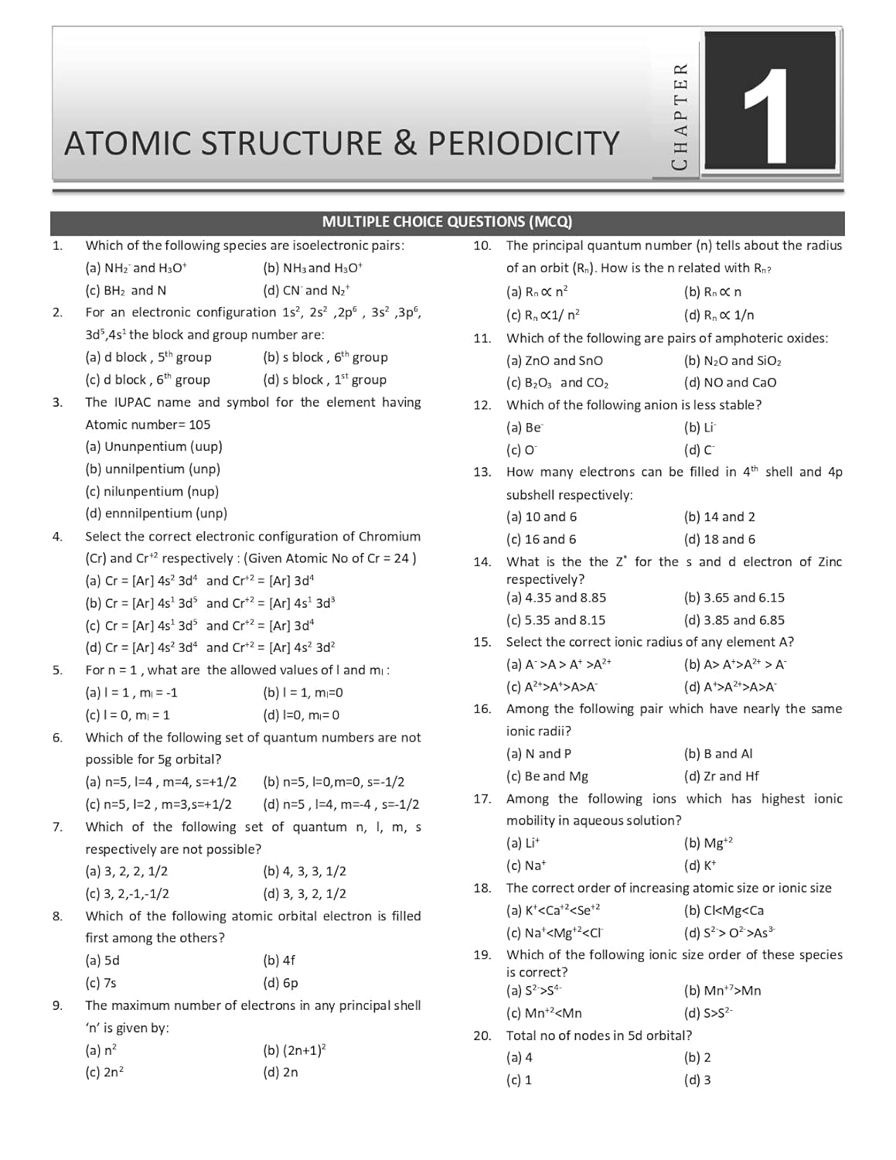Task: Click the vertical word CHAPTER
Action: [x=680, y=116]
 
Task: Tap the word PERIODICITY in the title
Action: [x=523, y=144]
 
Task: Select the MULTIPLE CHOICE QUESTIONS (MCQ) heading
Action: [x=447, y=222]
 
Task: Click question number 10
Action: [x=482, y=246]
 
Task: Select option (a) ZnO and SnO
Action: [x=554, y=361]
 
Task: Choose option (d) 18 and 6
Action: [x=719, y=540]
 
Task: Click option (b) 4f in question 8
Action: [x=279, y=960]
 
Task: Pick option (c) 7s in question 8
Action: [x=101, y=983]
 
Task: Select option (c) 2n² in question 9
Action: [x=104, y=1073]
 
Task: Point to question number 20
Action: [x=482, y=1035]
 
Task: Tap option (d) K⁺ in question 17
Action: [x=700, y=866]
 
